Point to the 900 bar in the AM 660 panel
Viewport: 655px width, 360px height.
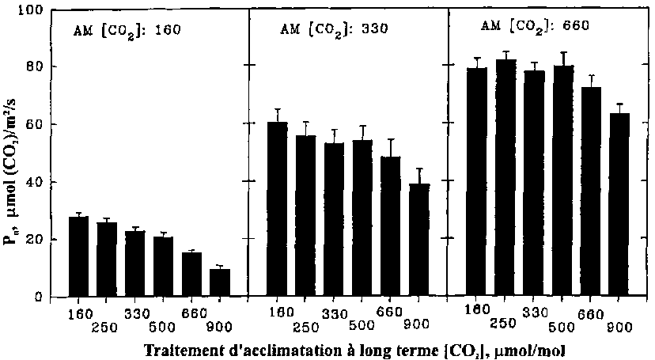click(x=620, y=205)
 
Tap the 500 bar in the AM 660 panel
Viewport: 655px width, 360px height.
click(x=563, y=181)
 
